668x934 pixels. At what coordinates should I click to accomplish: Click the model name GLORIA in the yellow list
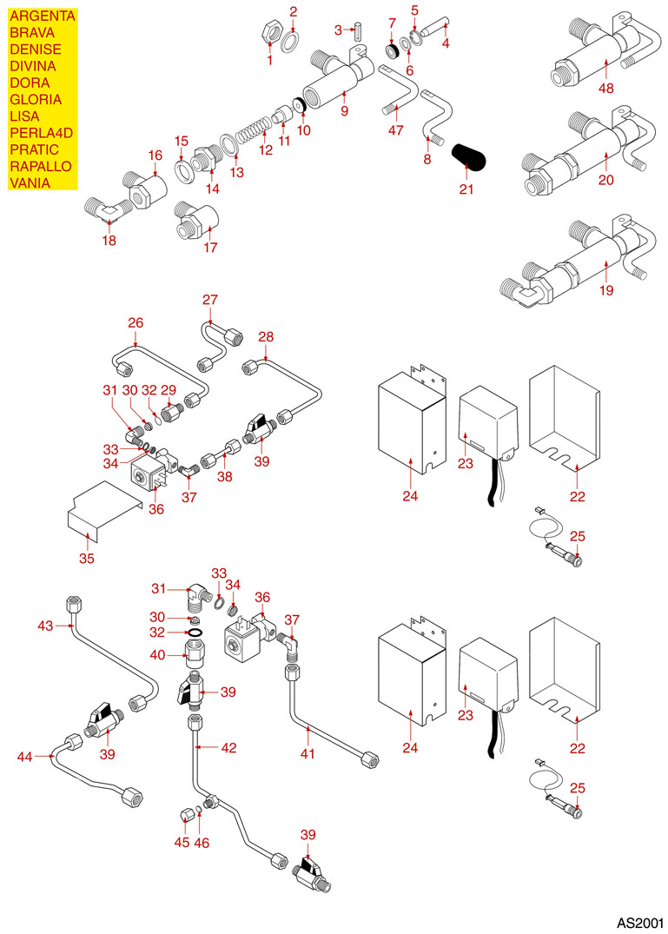pos(35,99)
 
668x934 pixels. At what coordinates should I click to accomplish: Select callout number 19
pos(605,291)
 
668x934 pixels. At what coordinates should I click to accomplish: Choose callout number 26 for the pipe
pos(136,322)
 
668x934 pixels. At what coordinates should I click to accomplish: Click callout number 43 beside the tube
pos(46,625)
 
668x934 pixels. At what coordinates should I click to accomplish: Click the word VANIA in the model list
pos(29,182)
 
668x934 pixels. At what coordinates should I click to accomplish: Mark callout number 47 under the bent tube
pos(396,129)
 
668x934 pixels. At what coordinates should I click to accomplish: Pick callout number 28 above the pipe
pos(265,335)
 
